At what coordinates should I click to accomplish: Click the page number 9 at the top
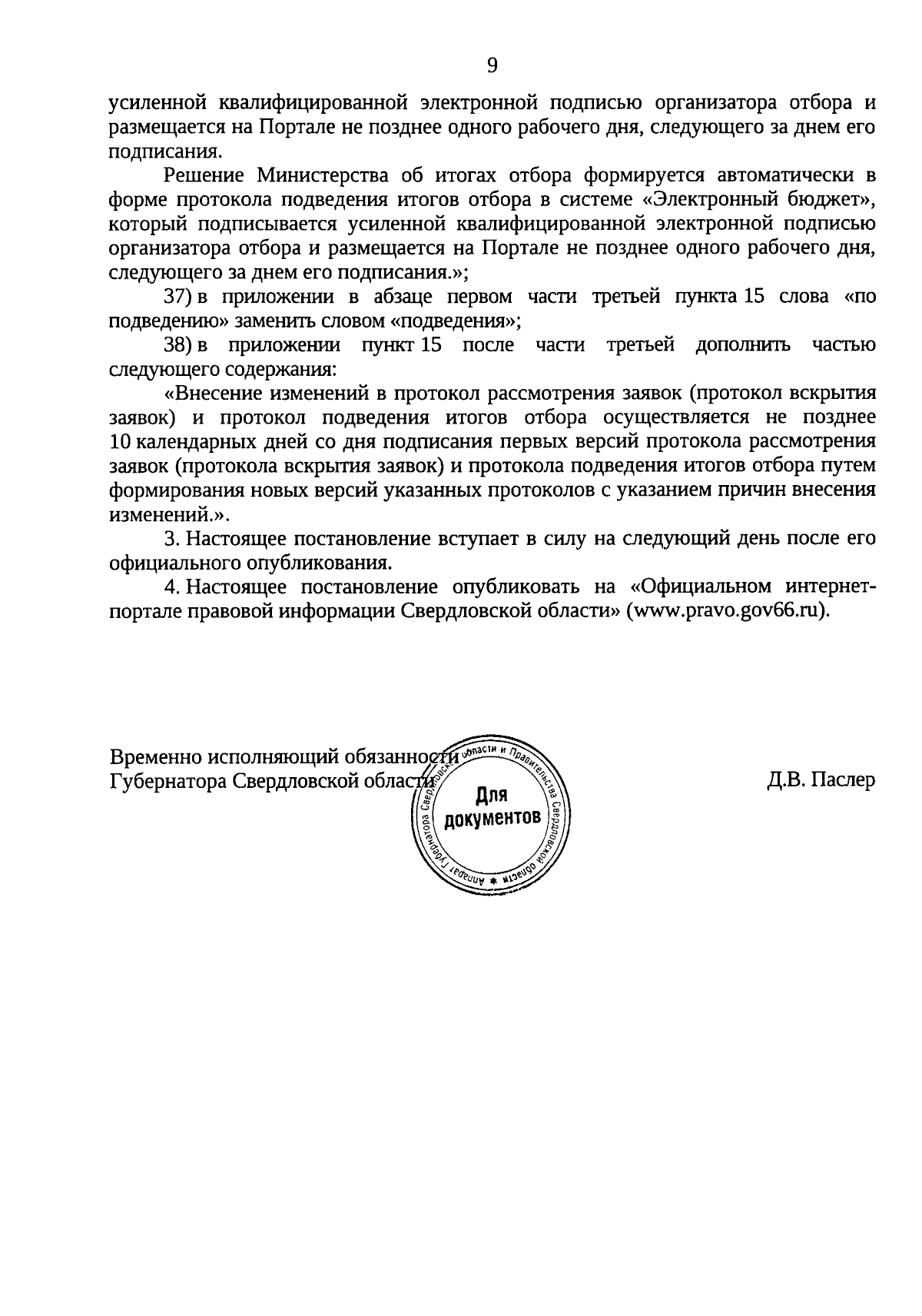pos(492,65)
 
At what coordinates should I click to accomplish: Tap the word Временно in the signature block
pos(157,756)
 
